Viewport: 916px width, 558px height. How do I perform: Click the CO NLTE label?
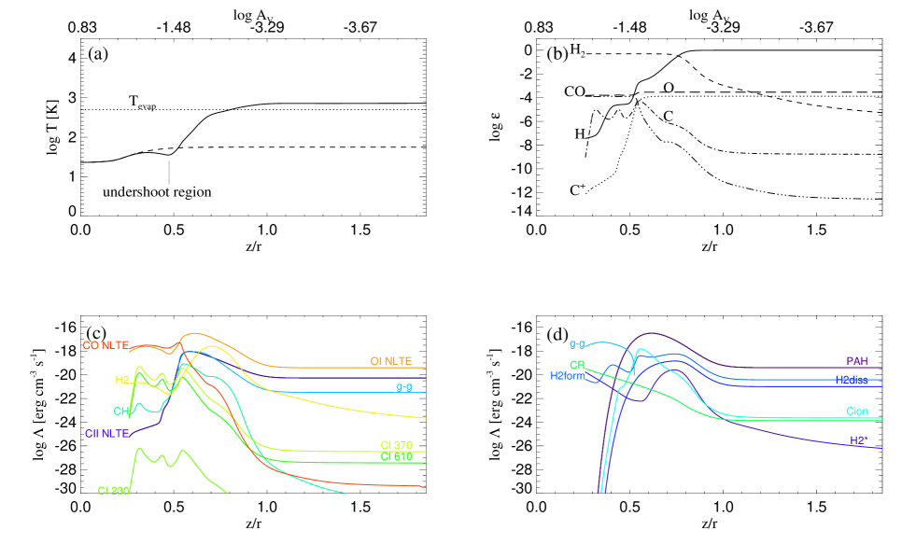pyautogui.click(x=106, y=346)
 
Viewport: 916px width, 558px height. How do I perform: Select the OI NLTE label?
pyautogui.click(x=390, y=361)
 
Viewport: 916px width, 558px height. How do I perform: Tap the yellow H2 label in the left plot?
pyautogui.click(x=122, y=380)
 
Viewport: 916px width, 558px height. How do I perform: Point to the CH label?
pyautogui.click(x=121, y=412)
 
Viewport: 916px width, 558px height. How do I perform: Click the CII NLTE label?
pyautogui.click(x=106, y=434)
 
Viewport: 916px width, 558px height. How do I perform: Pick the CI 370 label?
pyautogui.click(x=396, y=445)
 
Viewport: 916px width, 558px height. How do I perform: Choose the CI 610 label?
pyautogui.click(x=396, y=456)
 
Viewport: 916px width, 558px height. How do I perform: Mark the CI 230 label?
pyautogui.click(x=113, y=491)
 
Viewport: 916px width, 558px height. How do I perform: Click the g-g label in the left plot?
pyautogui.click(x=403, y=387)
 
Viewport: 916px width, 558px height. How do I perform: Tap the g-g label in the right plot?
pyautogui.click(x=577, y=345)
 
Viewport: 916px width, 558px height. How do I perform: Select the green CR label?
pyautogui.click(x=577, y=365)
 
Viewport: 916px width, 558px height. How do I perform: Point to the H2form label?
pyautogui.click(x=568, y=376)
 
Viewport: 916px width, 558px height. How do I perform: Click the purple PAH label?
pyautogui.click(x=856, y=361)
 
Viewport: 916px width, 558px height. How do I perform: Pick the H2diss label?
pyautogui.click(x=851, y=380)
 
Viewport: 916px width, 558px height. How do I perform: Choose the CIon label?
pyautogui.click(x=856, y=412)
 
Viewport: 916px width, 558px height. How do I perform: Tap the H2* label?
pyautogui.click(x=858, y=439)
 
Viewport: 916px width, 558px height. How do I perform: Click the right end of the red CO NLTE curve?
pyautogui.click(x=425, y=486)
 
